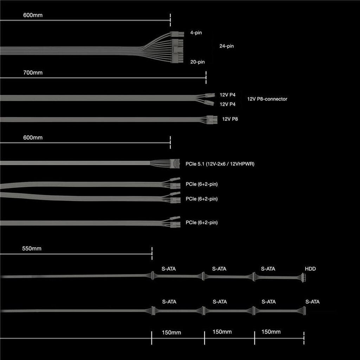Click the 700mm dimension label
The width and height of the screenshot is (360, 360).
33,73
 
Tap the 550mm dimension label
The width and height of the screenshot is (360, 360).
32,249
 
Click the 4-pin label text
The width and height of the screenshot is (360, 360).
196,33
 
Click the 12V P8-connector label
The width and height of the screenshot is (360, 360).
267,99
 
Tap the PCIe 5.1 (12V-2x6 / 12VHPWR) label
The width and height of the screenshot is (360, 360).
220,163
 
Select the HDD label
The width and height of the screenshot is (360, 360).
310,269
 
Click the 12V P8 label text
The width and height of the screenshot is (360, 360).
230,119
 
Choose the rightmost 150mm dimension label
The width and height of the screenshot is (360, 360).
271,332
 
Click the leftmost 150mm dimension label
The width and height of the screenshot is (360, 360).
171,332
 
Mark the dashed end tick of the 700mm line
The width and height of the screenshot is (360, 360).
206,77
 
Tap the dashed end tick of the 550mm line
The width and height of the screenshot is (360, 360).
152,253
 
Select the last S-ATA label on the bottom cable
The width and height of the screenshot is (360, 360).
313,302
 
